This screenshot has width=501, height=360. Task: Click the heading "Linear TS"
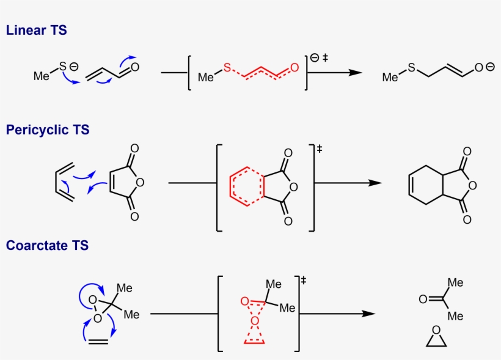(x=37, y=30)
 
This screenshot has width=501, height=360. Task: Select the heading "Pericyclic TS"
(x=48, y=130)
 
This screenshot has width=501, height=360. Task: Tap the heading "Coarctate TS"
(x=47, y=245)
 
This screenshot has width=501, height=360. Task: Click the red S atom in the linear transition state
(x=227, y=68)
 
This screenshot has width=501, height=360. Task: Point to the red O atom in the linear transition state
(x=294, y=68)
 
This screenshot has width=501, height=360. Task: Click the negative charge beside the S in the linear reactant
(x=74, y=67)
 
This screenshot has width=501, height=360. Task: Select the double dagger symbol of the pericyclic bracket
(x=319, y=149)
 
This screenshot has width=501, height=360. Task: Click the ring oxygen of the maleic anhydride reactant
(x=140, y=182)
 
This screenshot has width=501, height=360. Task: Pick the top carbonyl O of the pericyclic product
(x=467, y=151)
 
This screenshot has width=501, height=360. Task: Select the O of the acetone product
(x=423, y=299)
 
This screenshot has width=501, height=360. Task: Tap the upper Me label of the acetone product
(x=455, y=282)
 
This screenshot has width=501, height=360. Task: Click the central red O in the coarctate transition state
(x=254, y=321)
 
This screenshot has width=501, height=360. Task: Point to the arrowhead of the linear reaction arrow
(x=356, y=73)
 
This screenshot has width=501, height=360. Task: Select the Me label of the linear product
(x=390, y=77)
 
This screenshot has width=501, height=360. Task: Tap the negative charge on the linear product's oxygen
(x=490, y=67)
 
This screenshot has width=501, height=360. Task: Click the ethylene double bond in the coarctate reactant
(x=98, y=341)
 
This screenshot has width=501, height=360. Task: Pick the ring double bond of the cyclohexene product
(x=411, y=185)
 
